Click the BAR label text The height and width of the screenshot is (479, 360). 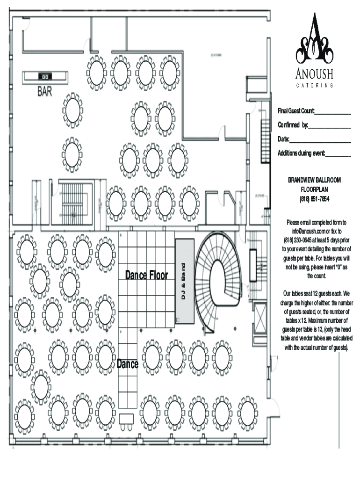click(45, 92)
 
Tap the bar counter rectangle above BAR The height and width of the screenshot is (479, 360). click(46, 77)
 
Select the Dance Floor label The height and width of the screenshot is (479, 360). click(146, 275)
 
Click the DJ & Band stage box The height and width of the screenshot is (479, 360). click(185, 281)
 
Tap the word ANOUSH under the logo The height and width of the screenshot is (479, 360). click(314, 74)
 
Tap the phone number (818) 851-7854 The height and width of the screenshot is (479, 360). click(314, 199)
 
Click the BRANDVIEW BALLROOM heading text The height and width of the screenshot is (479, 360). click(314, 180)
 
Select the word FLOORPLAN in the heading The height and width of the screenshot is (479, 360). click(314, 189)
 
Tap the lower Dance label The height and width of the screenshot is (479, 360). click(127, 364)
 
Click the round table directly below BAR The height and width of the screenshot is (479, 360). click(72, 110)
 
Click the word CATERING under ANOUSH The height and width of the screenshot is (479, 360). click(314, 85)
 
